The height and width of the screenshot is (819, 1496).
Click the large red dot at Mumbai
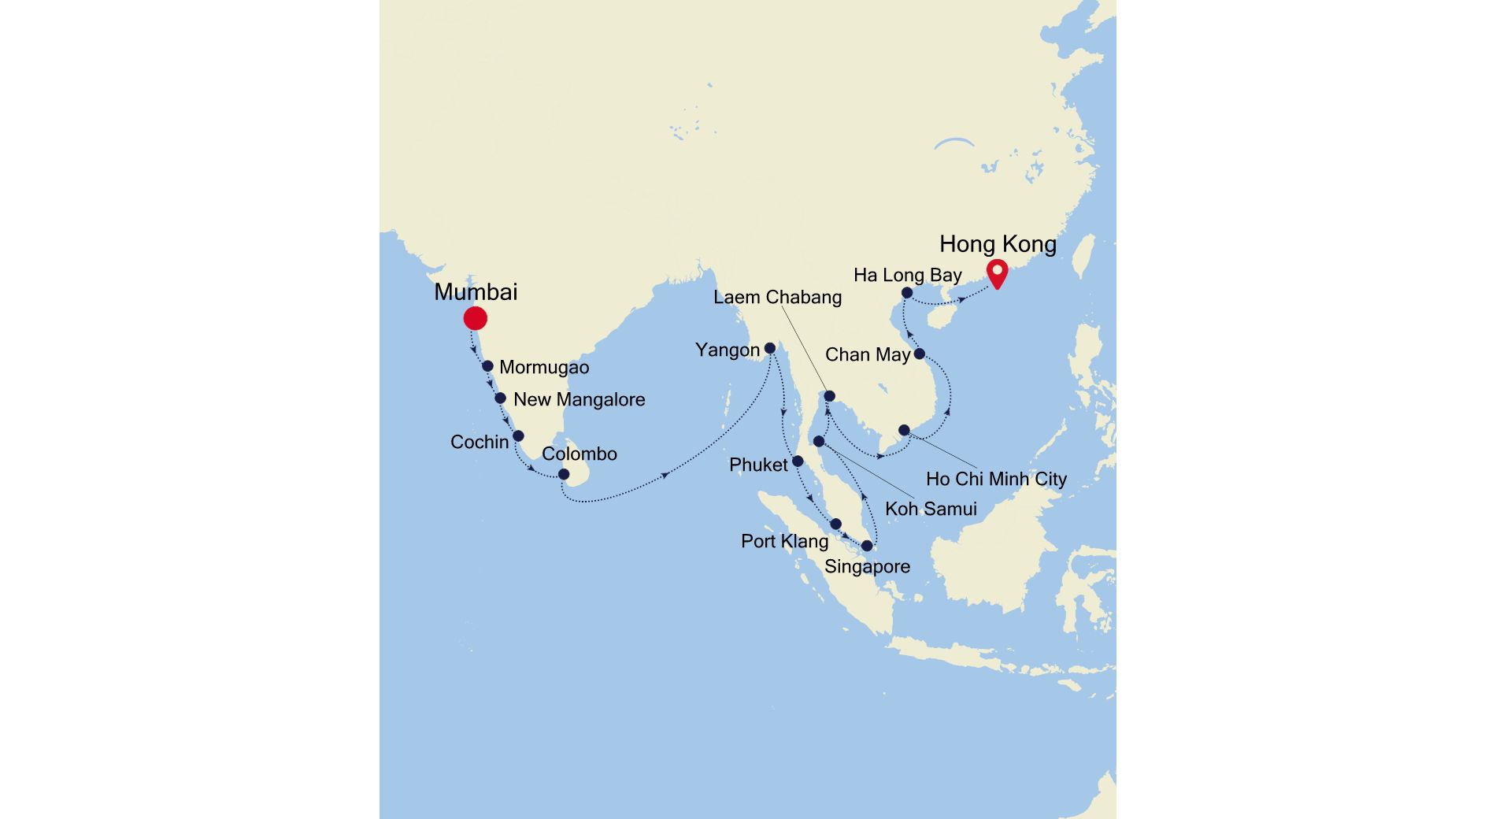point(475,318)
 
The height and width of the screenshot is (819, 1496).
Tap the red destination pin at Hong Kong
point(998,273)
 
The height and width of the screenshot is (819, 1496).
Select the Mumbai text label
point(476,292)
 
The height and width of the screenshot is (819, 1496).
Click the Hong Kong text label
point(998,244)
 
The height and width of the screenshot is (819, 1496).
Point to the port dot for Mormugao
point(487,366)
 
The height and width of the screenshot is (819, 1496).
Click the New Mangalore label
point(579,400)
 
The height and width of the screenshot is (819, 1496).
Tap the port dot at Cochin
point(518,435)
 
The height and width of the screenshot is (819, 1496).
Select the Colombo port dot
point(564,474)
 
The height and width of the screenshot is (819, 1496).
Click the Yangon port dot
point(770,348)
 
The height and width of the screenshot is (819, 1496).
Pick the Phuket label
point(758,465)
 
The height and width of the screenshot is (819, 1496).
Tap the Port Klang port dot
point(836,524)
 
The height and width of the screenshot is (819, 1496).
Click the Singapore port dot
point(867,546)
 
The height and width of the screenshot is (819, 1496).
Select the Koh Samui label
point(931,509)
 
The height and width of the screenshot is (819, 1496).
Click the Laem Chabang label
point(777,298)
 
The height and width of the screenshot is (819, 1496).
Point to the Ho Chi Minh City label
point(996,479)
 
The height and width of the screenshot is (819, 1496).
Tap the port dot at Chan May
point(919,354)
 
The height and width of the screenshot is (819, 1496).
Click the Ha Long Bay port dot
point(907,293)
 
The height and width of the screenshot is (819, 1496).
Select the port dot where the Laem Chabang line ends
point(829,395)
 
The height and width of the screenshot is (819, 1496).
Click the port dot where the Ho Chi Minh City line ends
point(904,430)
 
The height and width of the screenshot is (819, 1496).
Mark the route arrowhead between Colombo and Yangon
point(666,475)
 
